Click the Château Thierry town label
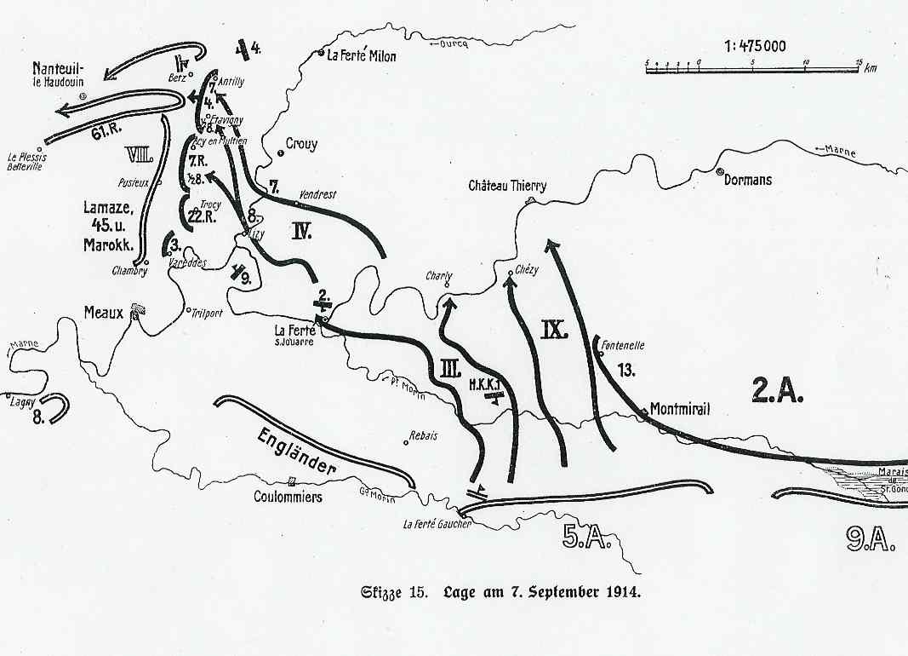click(x=507, y=187)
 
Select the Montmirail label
click(x=679, y=408)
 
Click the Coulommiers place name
click(x=288, y=496)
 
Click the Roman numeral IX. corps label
click(x=554, y=330)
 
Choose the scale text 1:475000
click(x=755, y=46)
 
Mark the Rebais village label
click(x=423, y=434)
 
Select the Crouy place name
click(x=301, y=144)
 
